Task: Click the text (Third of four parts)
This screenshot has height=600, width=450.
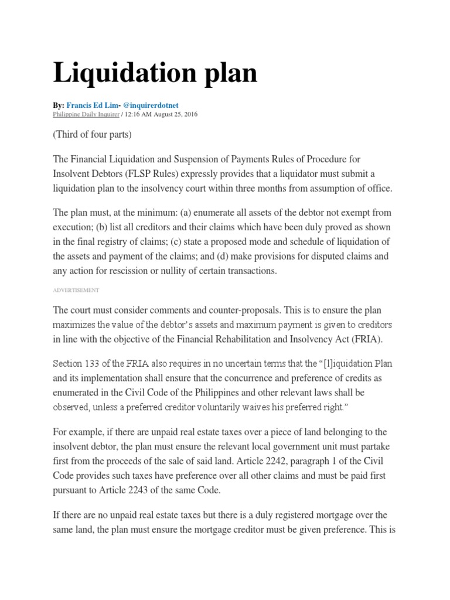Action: pyautogui.click(x=93, y=134)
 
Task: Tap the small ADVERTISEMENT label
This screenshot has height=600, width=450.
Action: pyautogui.click(x=76, y=290)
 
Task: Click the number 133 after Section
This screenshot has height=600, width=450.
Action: pyautogui.click(x=94, y=364)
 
